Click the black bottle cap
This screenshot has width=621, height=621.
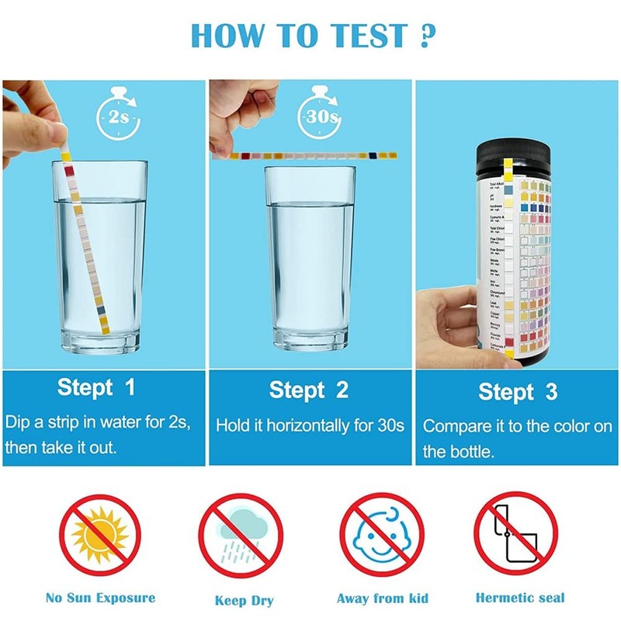518,152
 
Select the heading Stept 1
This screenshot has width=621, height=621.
96,387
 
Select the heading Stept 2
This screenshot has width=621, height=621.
309,389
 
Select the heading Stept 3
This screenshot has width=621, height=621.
517,391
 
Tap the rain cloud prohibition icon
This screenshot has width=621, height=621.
241,536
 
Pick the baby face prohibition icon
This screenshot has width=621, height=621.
381,536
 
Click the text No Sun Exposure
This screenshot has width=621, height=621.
100,598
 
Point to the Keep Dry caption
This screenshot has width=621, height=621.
244,600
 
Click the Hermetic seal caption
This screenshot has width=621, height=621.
519,598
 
